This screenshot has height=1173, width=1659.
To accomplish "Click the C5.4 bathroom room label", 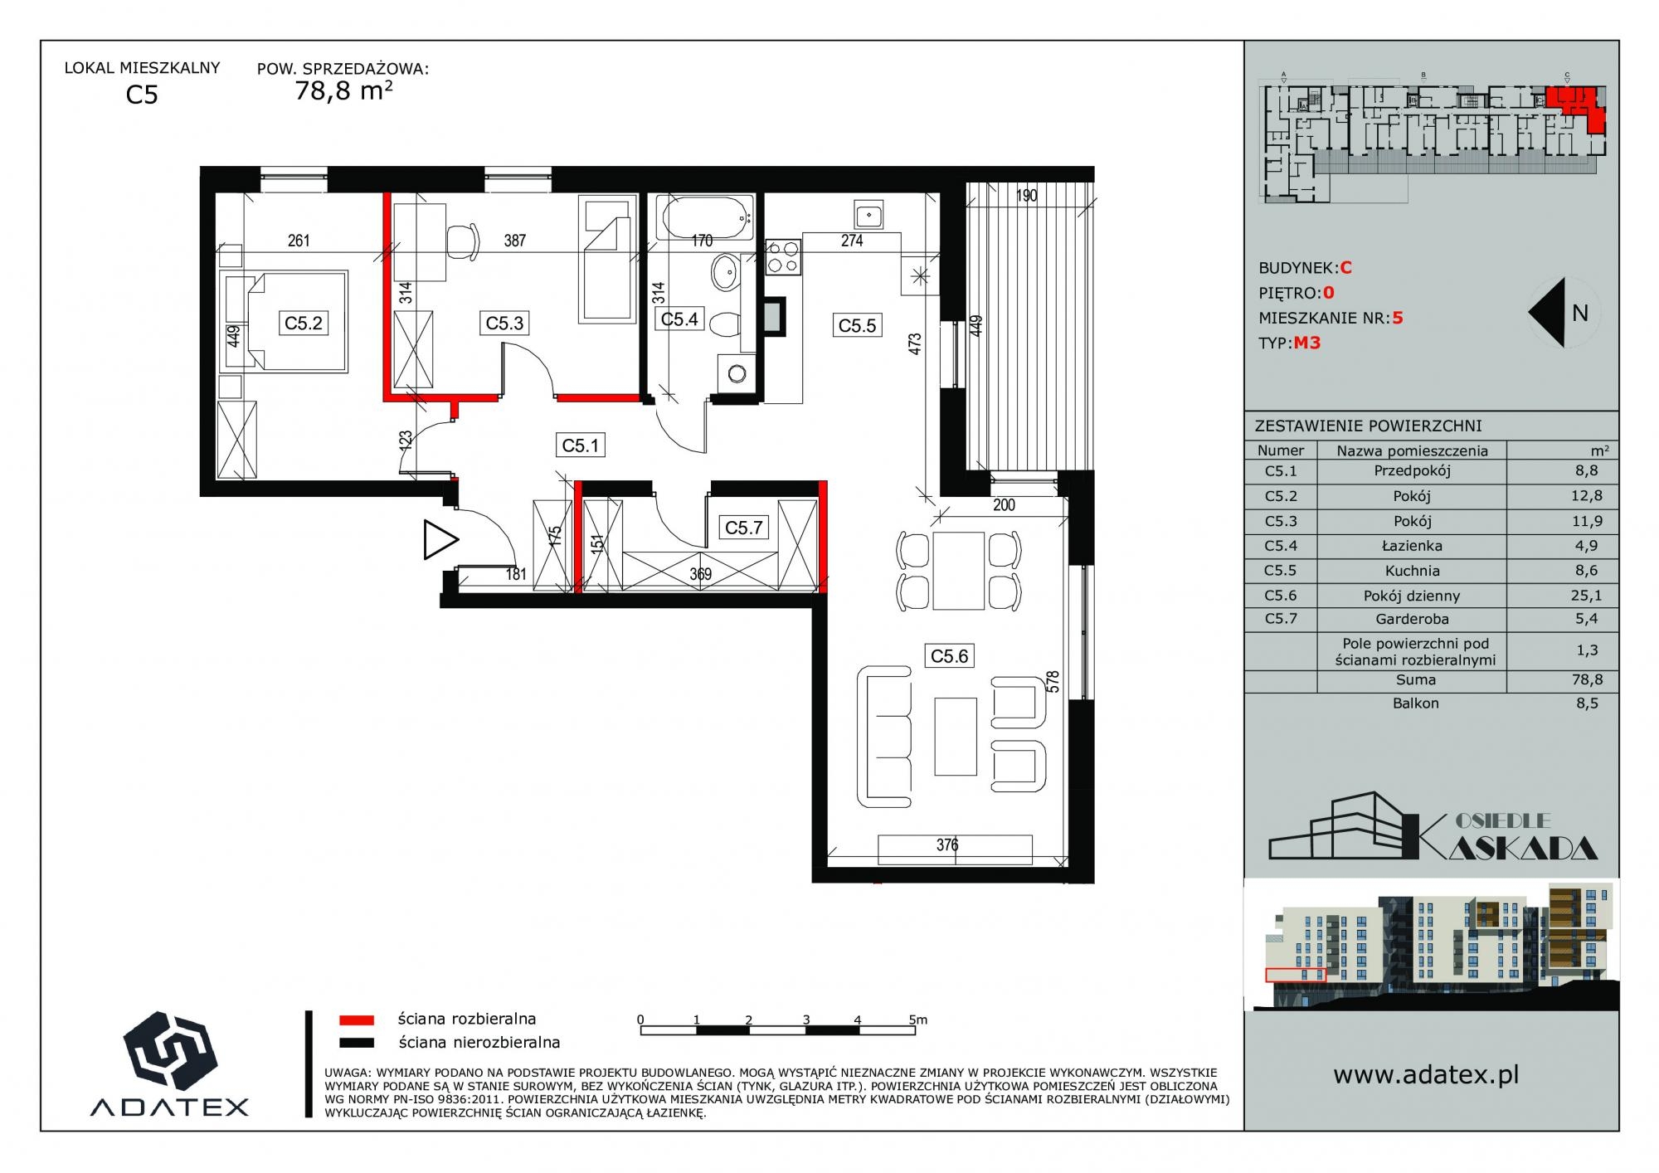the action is (x=679, y=319).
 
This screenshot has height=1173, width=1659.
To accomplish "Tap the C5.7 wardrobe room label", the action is (x=743, y=528).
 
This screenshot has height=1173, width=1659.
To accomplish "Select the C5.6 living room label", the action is (x=949, y=656).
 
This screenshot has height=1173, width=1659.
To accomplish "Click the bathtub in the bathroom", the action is (x=705, y=218).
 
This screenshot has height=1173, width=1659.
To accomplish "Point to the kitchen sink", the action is (x=868, y=216).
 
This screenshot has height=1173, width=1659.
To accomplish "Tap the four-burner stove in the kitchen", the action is (x=782, y=257).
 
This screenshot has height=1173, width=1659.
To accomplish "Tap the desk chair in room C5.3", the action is (x=461, y=241).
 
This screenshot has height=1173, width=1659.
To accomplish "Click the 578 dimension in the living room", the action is (x=1053, y=682).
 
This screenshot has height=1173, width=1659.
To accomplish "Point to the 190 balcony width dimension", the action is (x=1027, y=196).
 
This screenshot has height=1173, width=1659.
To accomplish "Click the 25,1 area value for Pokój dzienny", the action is (x=1586, y=595).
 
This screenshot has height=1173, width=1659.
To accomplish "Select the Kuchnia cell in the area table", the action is (x=1412, y=571).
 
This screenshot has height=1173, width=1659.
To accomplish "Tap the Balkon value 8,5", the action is (x=1587, y=703).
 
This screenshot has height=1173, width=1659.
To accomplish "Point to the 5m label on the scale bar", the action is (x=917, y=1020).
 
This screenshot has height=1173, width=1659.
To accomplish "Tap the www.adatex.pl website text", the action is (x=1426, y=1075).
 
